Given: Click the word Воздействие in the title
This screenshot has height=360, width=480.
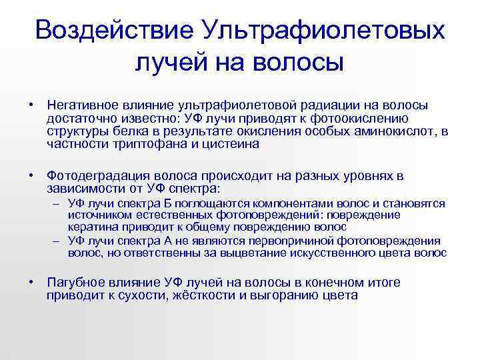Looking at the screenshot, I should pos(113,30).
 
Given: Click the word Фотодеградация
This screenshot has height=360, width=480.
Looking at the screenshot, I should pos(95,176).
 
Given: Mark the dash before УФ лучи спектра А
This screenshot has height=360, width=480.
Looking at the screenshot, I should pos(58,241).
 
